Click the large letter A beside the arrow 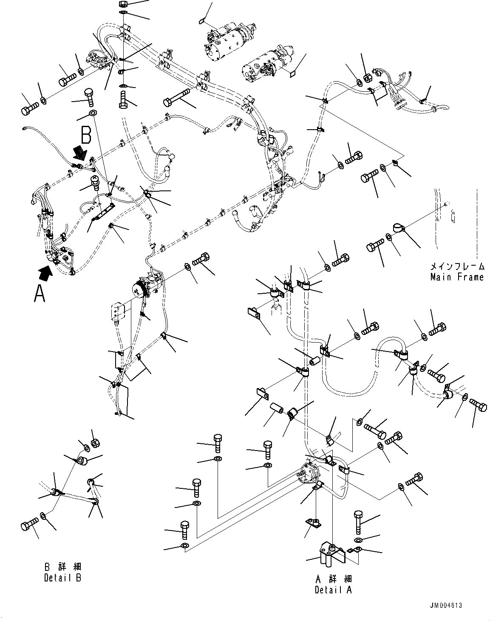point(40,293)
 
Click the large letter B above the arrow point(86,136)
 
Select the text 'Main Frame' point(457,277)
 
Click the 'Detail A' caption point(333,590)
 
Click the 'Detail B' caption point(62,578)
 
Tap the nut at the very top point(122,3)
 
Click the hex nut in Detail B point(96,443)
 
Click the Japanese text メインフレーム point(457,267)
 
